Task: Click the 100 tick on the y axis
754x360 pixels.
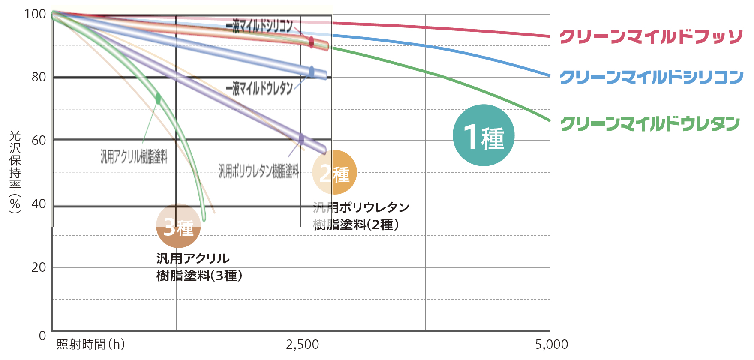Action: [35, 14]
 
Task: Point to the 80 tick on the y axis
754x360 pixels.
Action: [39, 77]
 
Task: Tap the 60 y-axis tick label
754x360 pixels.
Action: [39, 140]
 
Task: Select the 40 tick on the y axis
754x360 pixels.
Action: [39, 204]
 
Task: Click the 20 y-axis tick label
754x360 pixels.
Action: [39, 267]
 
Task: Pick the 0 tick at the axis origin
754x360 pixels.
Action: [42, 336]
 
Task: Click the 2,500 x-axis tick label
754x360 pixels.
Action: [302, 344]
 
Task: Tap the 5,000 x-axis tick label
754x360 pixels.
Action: [551, 344]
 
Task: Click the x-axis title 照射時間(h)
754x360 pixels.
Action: [90, 344]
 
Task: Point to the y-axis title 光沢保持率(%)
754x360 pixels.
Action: [15, 172]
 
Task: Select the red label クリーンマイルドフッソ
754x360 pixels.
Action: [651, 37]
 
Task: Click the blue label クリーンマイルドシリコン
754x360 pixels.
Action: [651, 77]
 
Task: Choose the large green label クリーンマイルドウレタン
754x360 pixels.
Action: [650, 123]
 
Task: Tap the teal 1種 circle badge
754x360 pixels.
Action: [484, 135]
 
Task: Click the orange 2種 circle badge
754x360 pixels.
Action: [334, 172]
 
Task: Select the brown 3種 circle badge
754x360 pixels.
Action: [178, 226]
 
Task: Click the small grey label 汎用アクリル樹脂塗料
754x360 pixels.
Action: [134, 156]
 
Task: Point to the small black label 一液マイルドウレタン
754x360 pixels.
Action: [259, 88]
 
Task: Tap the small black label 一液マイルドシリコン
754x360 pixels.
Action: [259, 26]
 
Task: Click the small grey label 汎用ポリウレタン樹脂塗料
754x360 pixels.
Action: [258, 171]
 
